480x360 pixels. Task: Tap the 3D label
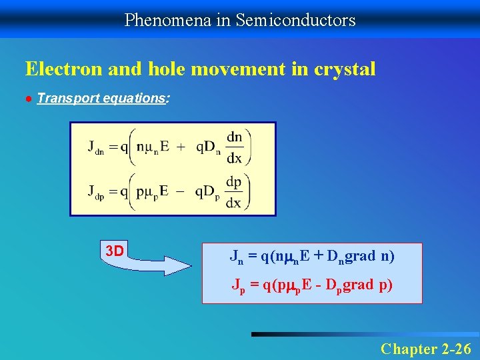pyautogui.click(x=115, y=251)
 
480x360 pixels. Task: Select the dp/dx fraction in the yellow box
pyautogui.click(x=233, y=192)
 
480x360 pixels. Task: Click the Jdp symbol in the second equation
pyautogui.click(x=95, y=192)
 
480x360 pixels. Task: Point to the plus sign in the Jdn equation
pyautogui.click(x=181, y=147)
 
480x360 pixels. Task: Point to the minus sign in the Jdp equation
pyautogui.click(x=181, y=191)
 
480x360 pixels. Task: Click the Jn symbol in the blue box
pyautogui.click(x=237, y=256)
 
